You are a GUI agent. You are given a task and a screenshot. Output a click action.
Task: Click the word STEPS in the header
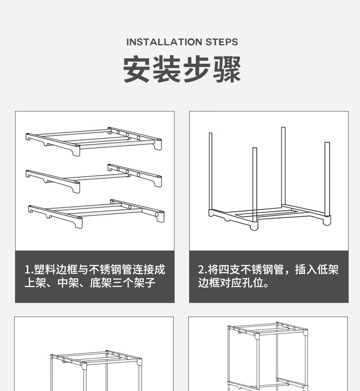coord(222,42)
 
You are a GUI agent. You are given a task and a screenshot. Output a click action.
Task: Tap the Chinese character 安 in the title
coord(137,70)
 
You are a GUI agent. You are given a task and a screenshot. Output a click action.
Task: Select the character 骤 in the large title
coord(227,70)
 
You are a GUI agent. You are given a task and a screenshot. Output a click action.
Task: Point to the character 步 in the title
coord(197,70)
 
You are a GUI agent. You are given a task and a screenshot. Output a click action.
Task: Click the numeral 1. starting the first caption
coord(28,270)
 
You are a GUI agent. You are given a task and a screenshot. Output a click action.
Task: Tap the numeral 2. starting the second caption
coord(202,270)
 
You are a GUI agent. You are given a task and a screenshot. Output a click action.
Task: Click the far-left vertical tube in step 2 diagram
coord(211,171)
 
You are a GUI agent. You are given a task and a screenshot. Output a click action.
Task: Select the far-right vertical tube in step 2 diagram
coord(327,178)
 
